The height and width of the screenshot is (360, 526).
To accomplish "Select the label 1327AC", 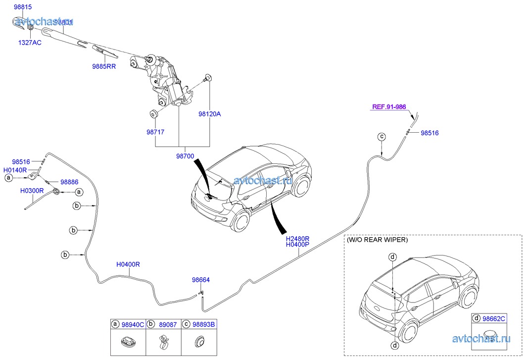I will pos(30,43).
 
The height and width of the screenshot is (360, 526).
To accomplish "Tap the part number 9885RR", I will pos(103,66).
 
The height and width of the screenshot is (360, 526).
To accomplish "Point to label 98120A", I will pos(209,114).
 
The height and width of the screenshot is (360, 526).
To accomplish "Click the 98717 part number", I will pos(155,132).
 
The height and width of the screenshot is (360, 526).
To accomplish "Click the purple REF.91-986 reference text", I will pos(389,106).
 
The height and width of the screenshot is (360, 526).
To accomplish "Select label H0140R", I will pos(17,169).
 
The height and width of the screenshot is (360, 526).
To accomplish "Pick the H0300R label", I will pos(32,190).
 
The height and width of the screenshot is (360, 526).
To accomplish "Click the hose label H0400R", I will pos(128,264).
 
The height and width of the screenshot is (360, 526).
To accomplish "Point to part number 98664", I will pos(201,280).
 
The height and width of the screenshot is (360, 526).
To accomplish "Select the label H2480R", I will pos(297,238).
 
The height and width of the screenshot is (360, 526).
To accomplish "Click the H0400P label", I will pos(297,245).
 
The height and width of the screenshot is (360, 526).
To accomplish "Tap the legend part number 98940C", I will pos(133,325).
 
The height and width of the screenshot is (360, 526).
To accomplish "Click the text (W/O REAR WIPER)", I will pos(378,240).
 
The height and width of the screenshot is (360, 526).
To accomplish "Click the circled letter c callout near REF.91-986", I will pos(382,136).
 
